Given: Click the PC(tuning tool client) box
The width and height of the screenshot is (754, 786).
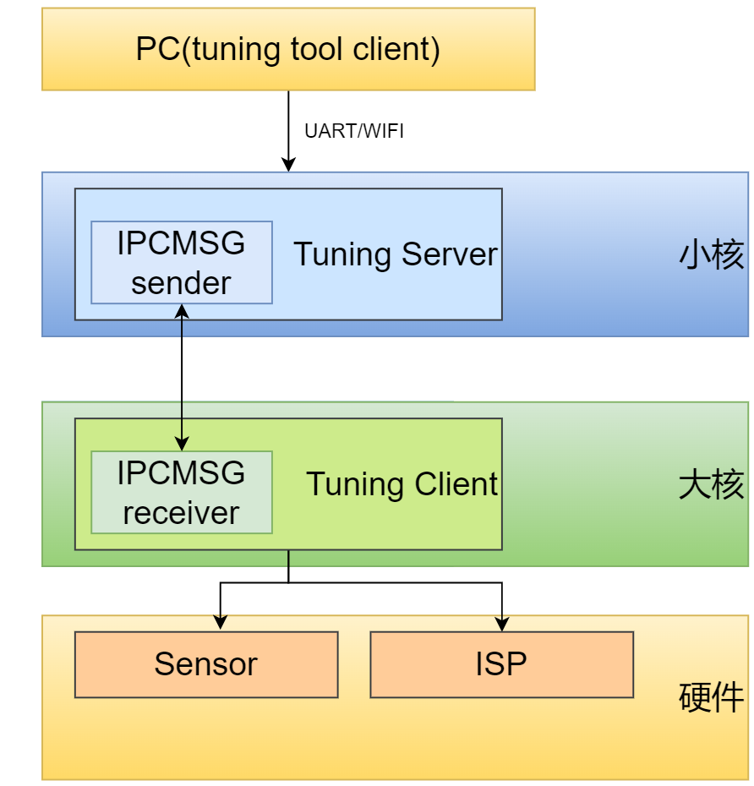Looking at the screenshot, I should pyautogui.click(x=288, y=49).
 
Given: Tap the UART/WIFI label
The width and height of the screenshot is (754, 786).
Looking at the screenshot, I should pyautogui.click(x=354, y=132).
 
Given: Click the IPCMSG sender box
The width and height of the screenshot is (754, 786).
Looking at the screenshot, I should pyautogui.click(x=182, y=262).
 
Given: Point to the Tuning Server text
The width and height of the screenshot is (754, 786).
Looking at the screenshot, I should pyautogui.click(x=396, y=254).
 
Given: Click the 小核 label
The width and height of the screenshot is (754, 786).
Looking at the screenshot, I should pyautogui.click(x=712, y=254).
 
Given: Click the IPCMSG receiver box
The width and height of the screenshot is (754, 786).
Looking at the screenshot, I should pyautogui.click(x=182, y=492).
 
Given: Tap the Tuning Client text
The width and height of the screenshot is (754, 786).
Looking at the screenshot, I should pyautogui.click(x=402, y=484).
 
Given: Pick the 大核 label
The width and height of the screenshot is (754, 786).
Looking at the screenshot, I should pyautogui.click(x=712, y=485).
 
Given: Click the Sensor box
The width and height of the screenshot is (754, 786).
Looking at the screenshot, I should pyautogui.click(x=206, y=664).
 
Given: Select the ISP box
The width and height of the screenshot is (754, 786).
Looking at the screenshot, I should pyautogui.click(x=501, y=664).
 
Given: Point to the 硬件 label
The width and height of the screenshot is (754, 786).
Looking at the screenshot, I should pyautogui.click(x=712, y=698).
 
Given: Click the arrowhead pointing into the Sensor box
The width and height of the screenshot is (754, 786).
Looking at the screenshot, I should pyautogui.click(x=221, y=624).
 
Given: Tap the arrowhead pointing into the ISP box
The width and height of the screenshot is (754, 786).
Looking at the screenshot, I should pyautogui.click(x=502, y=624).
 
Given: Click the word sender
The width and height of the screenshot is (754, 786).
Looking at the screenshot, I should pyautogui.click(x=181, y=283).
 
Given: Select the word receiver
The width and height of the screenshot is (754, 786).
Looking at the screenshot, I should pyautogui.click(x=181, y=513).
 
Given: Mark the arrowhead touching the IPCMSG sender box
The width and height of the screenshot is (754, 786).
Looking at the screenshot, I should pyautogui.click(x=182, y=310).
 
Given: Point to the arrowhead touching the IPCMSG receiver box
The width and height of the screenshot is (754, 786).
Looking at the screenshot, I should pyautogui.click(x=182, y=445).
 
